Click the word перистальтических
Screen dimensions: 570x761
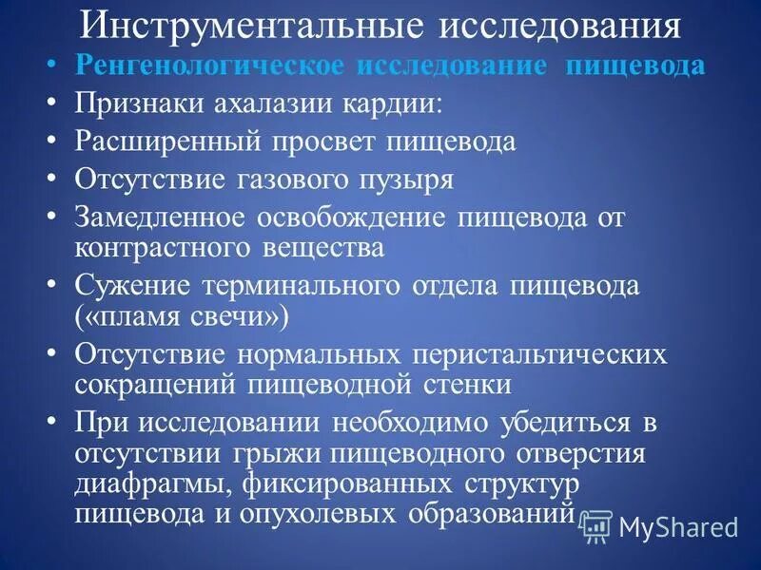click(541, 355)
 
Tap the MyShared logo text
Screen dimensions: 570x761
click(678, 527)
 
